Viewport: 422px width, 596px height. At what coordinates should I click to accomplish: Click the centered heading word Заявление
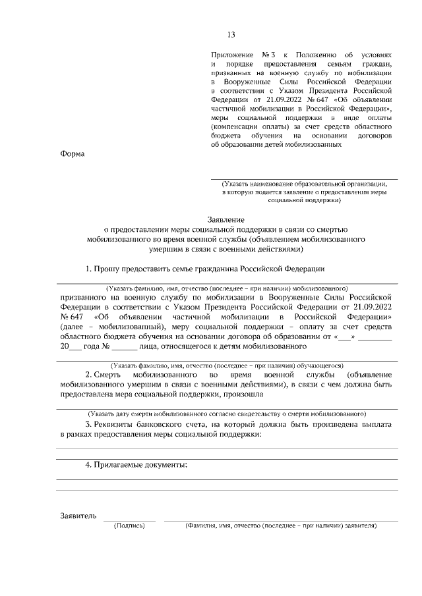pos(226,219)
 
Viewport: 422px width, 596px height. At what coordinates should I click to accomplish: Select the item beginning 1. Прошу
pos(205,269)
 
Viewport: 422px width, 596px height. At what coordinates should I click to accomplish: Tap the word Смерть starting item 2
pos(113,374)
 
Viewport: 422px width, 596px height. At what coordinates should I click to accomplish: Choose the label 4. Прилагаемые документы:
pos(136,466)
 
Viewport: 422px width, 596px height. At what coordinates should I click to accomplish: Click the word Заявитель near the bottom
pos(78,516)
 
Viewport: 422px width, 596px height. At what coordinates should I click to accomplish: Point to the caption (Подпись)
pos(129,526)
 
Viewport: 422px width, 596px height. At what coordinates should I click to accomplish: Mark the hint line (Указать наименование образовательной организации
pos(304,184)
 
